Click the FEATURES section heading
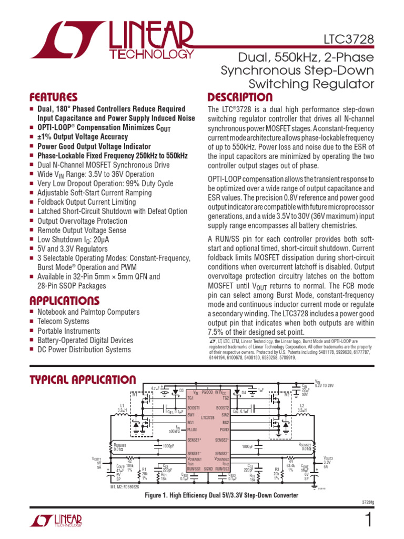(53, 97)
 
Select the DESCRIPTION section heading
(240, 97)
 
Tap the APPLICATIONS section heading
(64, 301)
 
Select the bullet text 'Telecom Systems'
(63, 321)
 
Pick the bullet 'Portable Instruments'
(68, 331)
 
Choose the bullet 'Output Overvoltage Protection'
(82, 221)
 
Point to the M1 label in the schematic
(134, 394)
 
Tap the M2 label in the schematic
(287, 394)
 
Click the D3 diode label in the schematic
(181, 391)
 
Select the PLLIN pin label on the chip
(193, 429)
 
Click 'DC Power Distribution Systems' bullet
(84, 350)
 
